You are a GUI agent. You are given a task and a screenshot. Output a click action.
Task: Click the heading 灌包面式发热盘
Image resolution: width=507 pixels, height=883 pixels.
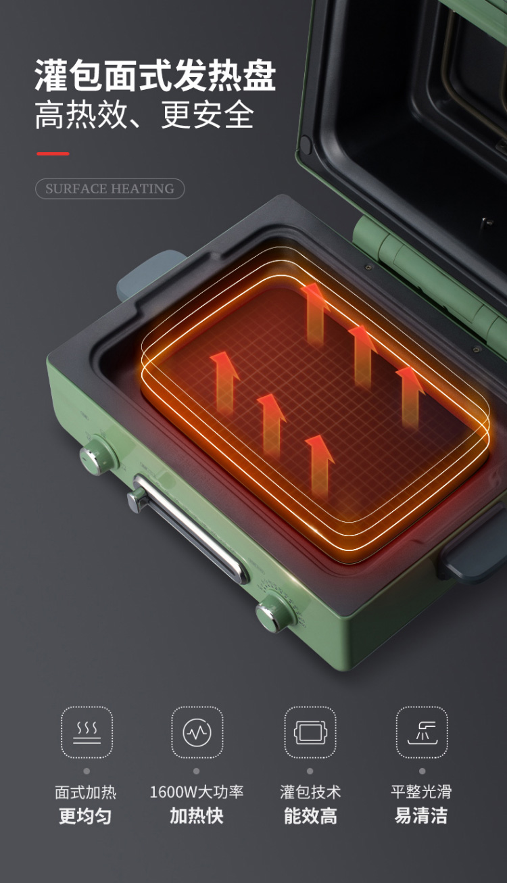pyautogui.click(x=155, y=75)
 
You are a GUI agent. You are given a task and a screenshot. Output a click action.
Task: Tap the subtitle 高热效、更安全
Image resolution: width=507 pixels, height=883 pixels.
pyautogui.click(x=144, y=115)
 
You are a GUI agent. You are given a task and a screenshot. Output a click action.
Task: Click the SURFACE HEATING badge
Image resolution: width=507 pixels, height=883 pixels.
pyautogui.click(x=110, y=189)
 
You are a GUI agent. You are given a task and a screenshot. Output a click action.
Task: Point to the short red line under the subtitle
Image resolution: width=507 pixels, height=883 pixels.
pyautogui.click(x=53, y=153)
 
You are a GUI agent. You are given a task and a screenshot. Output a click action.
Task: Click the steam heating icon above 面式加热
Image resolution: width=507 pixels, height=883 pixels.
pyautogui.click(x=87, y=732)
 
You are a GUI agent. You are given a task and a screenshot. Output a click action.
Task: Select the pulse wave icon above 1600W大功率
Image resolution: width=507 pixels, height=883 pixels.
pyautogui.click(x=197, y=732)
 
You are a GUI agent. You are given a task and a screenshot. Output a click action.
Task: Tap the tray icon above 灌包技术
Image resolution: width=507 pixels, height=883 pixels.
pyautogui.click(x=310, y=732)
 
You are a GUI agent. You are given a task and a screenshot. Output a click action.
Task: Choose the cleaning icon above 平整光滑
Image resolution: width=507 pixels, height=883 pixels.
pyautogui.click(x=422, y=732)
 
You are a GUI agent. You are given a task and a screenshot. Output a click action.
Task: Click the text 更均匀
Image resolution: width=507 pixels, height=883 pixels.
pyautogui.click(x=85, y=815)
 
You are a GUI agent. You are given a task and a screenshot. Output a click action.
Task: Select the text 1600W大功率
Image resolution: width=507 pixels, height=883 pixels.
pyautogui.click(x=197, y=792)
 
